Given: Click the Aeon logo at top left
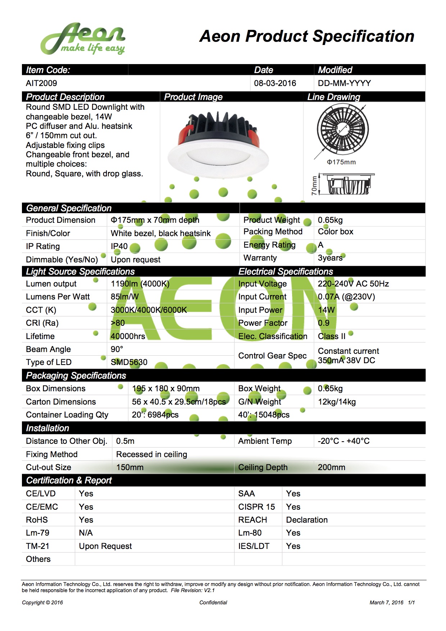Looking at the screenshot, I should tap(83, 39).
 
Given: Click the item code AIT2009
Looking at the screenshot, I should tap(41, 84).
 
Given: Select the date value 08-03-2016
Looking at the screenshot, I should tap(275, 84).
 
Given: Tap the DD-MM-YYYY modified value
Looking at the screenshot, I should tap(344, 84).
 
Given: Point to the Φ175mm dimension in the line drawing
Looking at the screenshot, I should tap(341, 162).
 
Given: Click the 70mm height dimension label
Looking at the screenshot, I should tap(314, 185).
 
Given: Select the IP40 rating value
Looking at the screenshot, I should tap(119, 247).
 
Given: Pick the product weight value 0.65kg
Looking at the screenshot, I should tap(330, 220).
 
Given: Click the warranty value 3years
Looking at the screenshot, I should tap(330, 258).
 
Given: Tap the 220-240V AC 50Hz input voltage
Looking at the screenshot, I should tap(353, 284).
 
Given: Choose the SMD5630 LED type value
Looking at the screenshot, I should tap(129, 362).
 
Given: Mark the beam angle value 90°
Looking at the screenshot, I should tap(117, 349).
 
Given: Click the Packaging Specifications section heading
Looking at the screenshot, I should tap(76, 376).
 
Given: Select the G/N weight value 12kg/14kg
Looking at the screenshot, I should tap(337, 402).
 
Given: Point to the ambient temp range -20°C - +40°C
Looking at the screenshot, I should tap(343, 441).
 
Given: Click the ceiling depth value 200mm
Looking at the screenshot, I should tap(331, 468).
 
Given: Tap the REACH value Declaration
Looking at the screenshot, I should tap(307, 520).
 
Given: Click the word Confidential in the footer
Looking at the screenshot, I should tap(213, 603).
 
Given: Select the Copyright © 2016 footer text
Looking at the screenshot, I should tap(42, 603).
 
